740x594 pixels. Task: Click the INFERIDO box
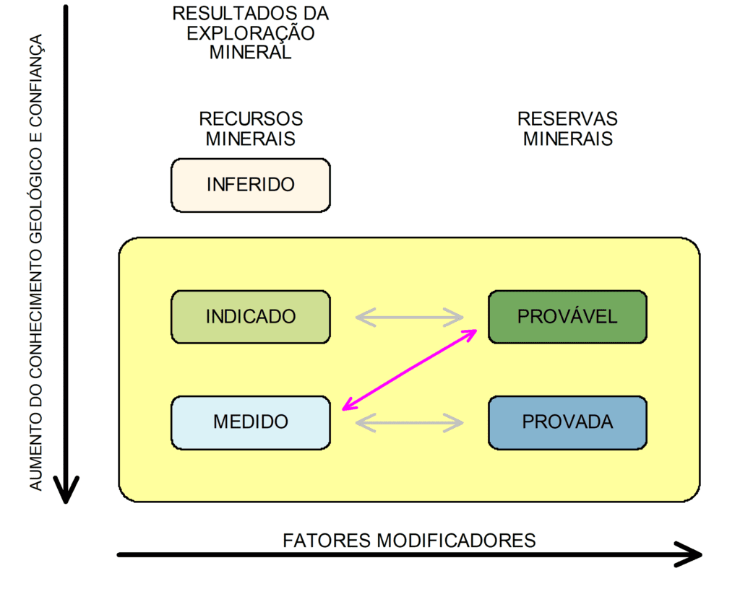(x=250, y=185)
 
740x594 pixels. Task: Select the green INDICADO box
(x=250, y=317)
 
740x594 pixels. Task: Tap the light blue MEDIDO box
(x=250, y=422)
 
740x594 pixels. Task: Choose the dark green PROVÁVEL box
(x=567, y=317)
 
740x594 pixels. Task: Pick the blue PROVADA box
(x=567, y=422)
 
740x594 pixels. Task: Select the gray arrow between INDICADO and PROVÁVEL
(x=409, y=317)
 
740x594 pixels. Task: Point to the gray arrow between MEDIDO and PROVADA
(x=409, y=422)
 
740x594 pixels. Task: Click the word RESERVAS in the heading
(x=567, y=119)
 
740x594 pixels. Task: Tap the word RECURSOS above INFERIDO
(x=251, y=119)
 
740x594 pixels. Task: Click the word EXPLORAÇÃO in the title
(x=251, y=33)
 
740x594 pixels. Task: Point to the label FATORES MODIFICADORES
(x=409, y=540)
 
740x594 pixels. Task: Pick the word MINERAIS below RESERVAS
(x=567, y=139)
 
